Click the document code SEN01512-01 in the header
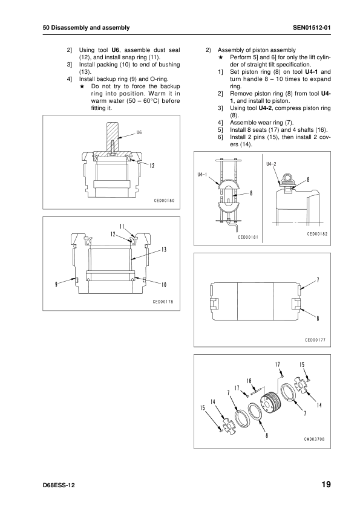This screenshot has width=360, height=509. tap(312, 28)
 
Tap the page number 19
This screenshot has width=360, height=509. tap(326, 484)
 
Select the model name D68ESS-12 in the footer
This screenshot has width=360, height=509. tap(59, 485)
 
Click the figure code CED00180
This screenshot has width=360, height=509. tap(164, 200)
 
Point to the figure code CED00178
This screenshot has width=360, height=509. tap(163, 302)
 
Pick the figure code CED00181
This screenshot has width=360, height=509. tap(248, 237)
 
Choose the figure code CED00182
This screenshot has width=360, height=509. tap(317, 234)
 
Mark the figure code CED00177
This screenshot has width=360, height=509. tap(315, 340)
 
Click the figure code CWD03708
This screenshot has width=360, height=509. tap(314, 439)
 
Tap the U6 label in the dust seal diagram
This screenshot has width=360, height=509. tap(139, 132)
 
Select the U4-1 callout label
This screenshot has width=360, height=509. tap(202, 175)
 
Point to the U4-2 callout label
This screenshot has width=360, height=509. tap(271, 164)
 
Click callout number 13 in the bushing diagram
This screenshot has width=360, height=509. tap(164, 249)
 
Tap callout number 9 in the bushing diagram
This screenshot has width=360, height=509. tap(56, 284)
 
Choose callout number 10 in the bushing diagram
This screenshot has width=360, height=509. tap(164, 285)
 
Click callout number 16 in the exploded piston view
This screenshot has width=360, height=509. tap(249, 381)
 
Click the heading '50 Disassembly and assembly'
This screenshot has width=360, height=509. tap(86, 28)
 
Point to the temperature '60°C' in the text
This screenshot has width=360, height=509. tap(151, 100)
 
